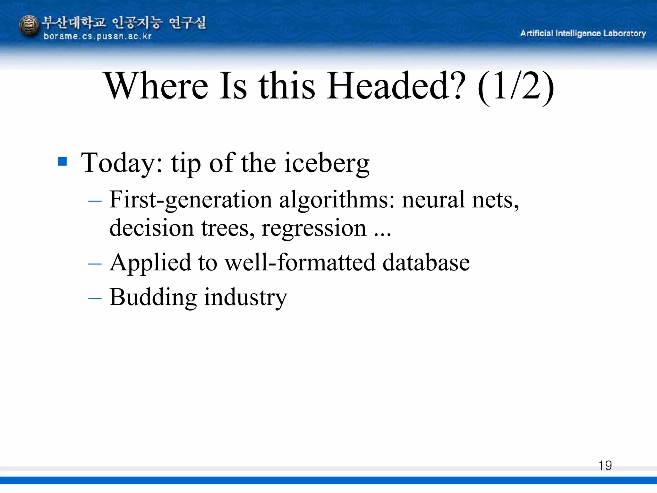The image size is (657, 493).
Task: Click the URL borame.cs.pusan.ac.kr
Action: click(x=98, y=36)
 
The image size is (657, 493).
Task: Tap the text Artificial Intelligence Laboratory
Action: click(x=583, y=33)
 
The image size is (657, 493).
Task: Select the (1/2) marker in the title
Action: click(x=516, y=87)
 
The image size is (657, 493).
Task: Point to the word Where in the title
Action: click(x=157, y=86)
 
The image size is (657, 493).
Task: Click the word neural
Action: click(x=433, y=200)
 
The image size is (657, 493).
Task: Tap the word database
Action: click(x=426, y=263)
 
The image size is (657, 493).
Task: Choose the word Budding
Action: click(x=153, y=297)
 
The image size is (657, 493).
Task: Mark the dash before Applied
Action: click(x=95, y=264)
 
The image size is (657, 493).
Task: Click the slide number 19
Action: click(x=605, y=465)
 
